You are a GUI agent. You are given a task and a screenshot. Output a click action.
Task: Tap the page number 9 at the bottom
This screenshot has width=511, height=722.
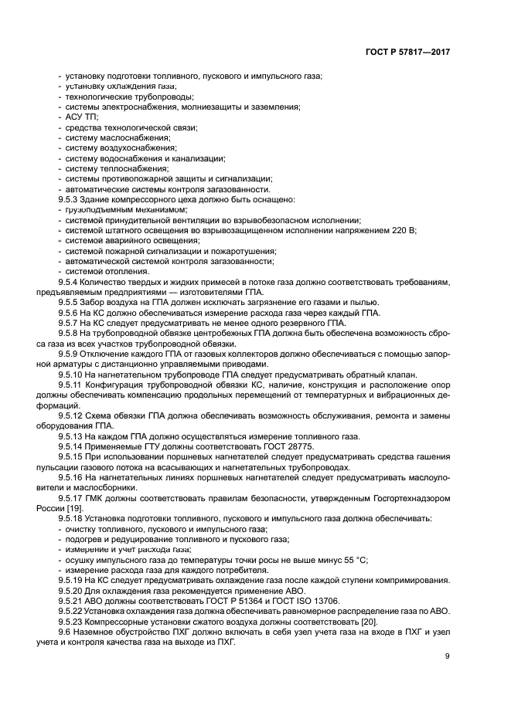point(448,656)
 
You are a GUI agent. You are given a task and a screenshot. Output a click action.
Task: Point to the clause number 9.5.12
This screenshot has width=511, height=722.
point(73,415)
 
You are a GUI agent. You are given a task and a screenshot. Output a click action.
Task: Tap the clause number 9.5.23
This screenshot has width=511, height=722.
point(73,620)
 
